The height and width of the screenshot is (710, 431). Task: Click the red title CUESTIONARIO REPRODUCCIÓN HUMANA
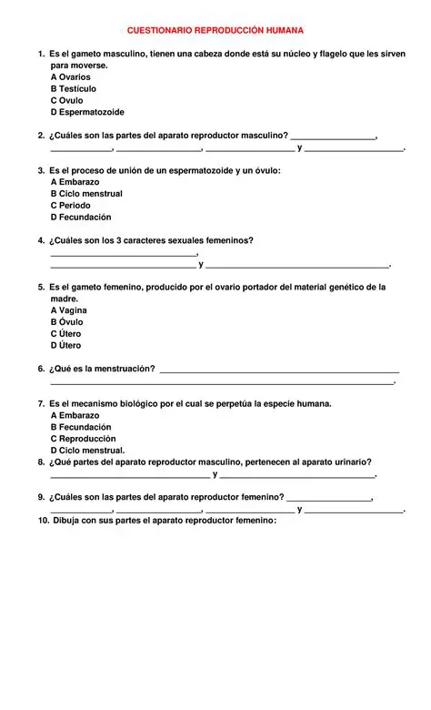[215, 31]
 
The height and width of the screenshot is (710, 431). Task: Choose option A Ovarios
[70, 77]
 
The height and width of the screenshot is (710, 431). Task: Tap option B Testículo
[73, 89]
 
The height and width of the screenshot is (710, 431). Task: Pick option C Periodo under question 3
[70, 206]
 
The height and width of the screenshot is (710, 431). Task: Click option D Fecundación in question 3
[80, 218]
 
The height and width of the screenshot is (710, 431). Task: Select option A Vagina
[69, 310]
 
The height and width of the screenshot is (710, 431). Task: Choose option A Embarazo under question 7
[75, 415]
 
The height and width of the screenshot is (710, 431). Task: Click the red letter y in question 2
[299, 147]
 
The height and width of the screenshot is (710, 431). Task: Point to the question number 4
[41, 240]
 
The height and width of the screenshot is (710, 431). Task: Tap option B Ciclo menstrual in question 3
[85, 194]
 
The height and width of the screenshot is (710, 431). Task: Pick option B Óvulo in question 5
[66, 322]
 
